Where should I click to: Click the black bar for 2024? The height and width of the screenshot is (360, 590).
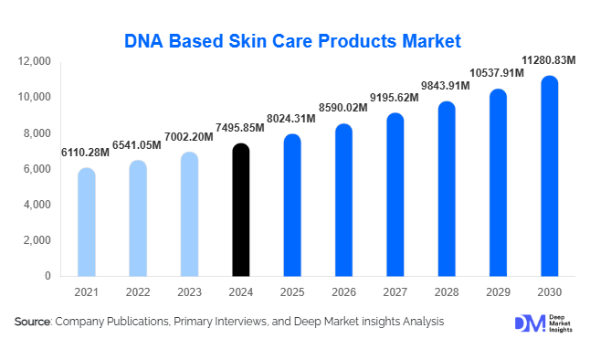coord(240,210)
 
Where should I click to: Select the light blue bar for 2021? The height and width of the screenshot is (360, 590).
coord(86,222)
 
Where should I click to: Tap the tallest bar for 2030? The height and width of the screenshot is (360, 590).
coord(548,176)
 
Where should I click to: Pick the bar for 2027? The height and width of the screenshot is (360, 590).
coord(395,195)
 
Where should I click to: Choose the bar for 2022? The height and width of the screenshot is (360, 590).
coord(137,218)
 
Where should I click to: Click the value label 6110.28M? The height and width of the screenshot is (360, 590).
coord(86,152)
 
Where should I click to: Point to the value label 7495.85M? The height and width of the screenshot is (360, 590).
coord(240,127)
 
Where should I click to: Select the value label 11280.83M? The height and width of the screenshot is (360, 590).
coord(548,60)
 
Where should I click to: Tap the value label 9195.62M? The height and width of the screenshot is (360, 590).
coord(395,97)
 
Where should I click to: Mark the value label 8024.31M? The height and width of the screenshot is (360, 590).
coord(291,118)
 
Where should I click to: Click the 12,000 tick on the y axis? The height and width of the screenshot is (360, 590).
coord(35,61)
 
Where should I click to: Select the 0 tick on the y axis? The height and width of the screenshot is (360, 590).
coord(48,276)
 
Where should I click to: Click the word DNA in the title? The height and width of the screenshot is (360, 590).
coord(144,40)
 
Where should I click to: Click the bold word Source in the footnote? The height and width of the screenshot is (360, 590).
coord(33,322)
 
